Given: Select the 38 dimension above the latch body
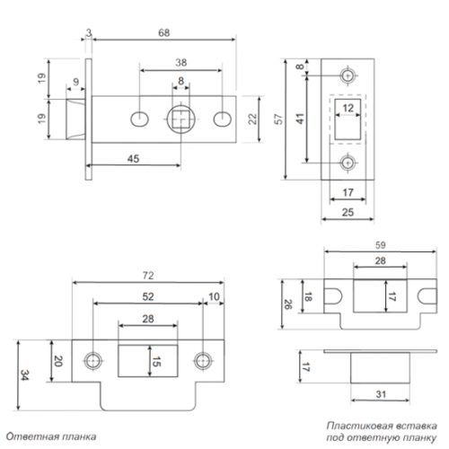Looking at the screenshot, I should (x=180, y=63).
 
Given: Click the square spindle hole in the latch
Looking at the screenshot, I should (x=182, y=119).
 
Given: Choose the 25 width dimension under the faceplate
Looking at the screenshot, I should (x=347, y=211).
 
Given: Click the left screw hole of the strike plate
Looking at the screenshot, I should (x=92, y=360).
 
